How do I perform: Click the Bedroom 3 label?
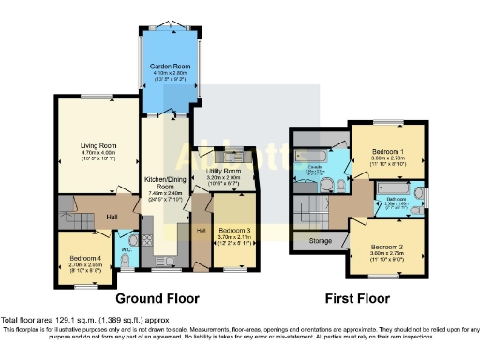234,229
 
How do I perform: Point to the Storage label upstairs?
320,241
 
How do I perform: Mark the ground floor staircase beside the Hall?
75,214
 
